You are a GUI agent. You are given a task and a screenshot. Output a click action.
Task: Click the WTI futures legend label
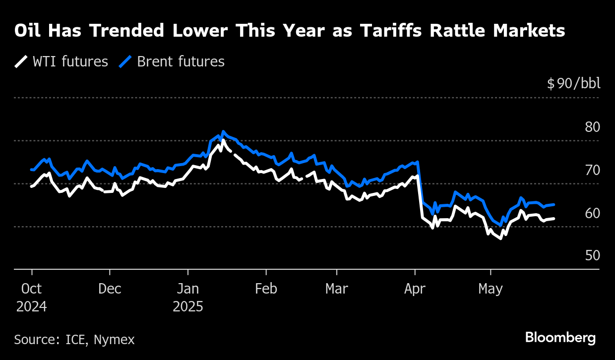[70, 62]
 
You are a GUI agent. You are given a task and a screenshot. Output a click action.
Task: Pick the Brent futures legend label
[181, 62]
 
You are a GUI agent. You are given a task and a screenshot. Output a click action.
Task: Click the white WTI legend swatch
[21, 62]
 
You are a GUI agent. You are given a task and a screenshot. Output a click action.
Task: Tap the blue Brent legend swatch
[126, 62]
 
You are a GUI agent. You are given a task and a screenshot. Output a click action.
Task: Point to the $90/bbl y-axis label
[573, 84]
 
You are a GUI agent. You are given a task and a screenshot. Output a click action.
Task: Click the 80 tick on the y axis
[592, 127]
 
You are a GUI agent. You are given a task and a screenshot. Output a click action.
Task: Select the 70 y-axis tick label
[592, 171]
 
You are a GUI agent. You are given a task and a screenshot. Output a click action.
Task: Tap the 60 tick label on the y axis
[592, 213]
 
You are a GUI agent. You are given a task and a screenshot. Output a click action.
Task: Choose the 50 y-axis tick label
[592, 256]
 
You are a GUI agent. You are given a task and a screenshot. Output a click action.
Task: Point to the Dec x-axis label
[110, 289]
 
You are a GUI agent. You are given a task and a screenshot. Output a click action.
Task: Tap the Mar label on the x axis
[337, 289]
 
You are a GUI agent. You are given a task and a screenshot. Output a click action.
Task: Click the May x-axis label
[491, 289]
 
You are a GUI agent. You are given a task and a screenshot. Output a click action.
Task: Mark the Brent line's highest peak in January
[223, 132]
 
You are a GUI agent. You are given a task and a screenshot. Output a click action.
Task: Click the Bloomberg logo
[560, 338]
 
